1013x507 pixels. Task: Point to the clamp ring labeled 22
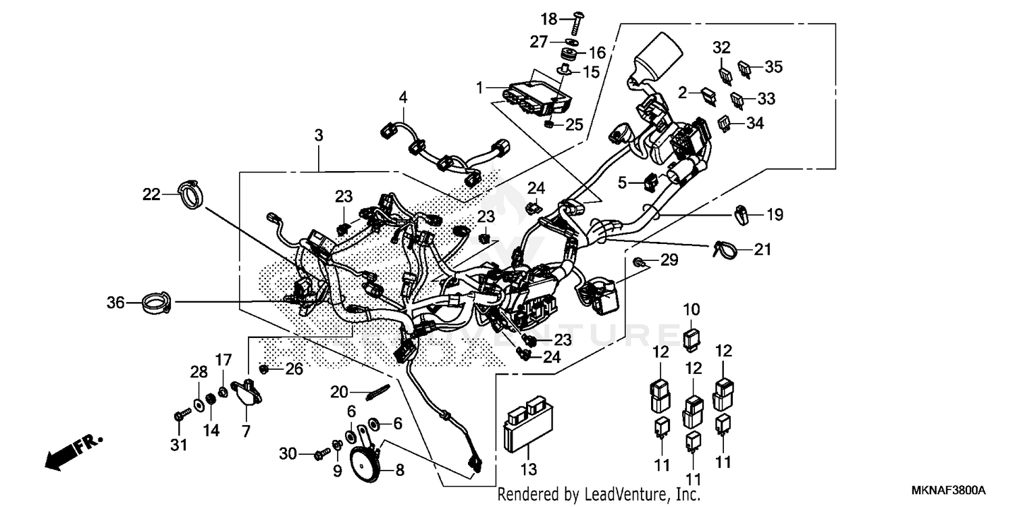tap(191, 193)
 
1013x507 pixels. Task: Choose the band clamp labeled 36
tap(156, 303)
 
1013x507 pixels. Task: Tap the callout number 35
tap(773, 66)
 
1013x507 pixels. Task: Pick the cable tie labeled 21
tap(723, 250)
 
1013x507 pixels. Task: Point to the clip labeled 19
tap(741, 216)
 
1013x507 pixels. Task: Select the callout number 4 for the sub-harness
tap(403, 97)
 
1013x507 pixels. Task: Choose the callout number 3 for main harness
tap(318, 135)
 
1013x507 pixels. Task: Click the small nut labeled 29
tap(638, 261)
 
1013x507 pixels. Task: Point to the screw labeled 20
tap(378, 392)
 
